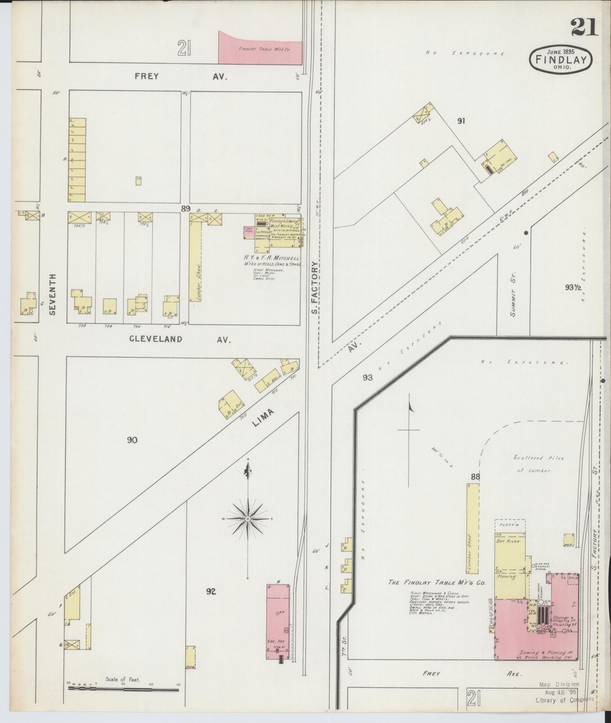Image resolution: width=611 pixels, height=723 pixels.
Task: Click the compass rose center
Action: (248, 519)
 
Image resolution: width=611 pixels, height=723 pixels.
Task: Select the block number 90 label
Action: (132, 440)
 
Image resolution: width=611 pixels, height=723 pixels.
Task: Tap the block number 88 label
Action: (476, 477)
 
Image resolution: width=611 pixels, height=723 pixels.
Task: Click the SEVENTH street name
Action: (53, 294)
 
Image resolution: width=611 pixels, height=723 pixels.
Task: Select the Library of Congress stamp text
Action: (564, 698)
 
